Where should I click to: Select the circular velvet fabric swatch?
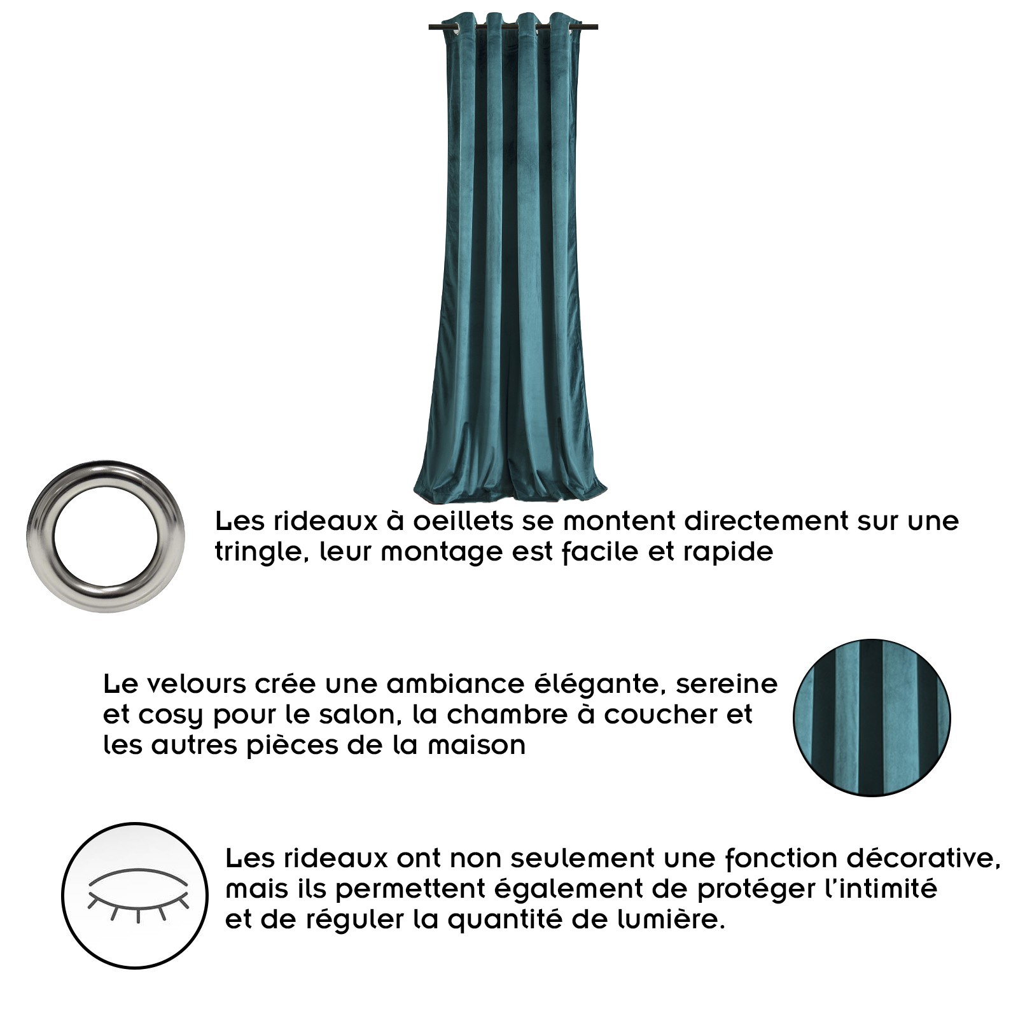click(x=872, y=718)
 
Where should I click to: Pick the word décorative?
click(x=923, y=859)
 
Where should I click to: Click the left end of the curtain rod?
click(x=430, y=27)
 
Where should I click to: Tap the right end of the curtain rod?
click(x=597, y=27)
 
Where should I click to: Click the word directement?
click(x=766, y=521)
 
